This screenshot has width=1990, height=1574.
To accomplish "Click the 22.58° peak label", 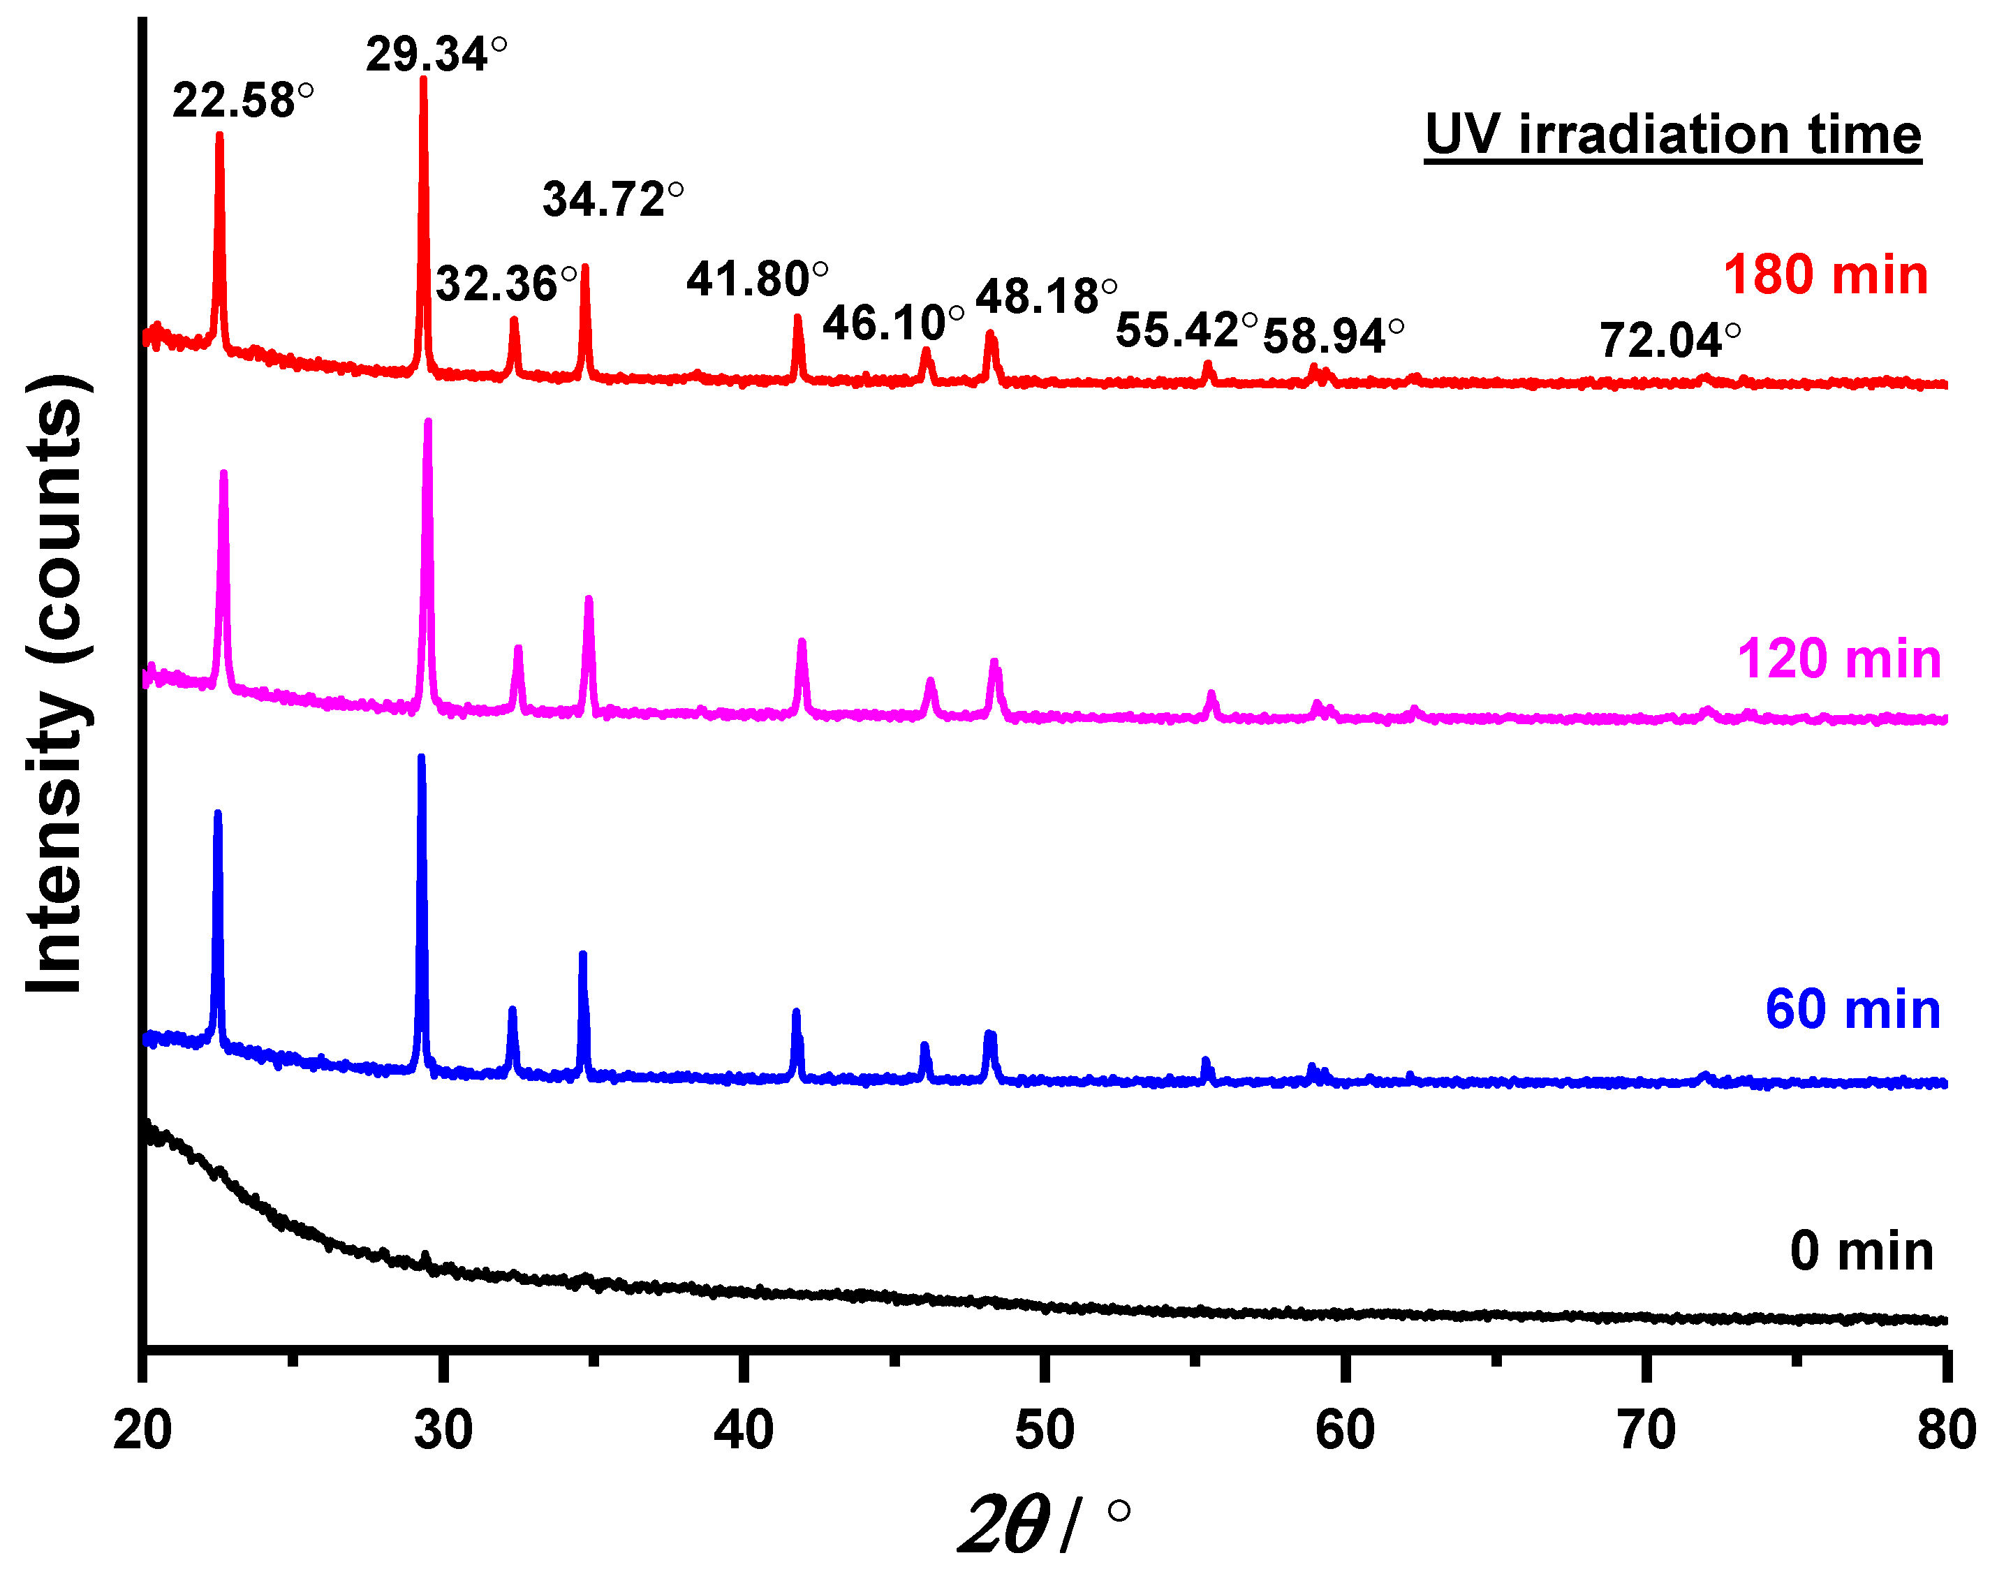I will (242, 101).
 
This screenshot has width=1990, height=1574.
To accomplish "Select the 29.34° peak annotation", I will (436, 54).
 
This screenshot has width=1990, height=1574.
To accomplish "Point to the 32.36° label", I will (506, 284).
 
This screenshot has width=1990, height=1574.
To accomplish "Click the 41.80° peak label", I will (756, 279).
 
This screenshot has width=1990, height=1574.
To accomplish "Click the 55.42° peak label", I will (1186, 330).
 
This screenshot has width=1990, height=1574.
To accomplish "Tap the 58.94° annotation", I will (1333, 337).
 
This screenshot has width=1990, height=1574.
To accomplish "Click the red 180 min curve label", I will (1825, 274).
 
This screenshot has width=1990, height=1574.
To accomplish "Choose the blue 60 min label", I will (1852, 1009).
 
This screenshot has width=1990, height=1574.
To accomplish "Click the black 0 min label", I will (1861, 1251).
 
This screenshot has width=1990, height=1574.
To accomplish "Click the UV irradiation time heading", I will (1672, 135).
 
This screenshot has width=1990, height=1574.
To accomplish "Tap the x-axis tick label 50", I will (1045, 1430).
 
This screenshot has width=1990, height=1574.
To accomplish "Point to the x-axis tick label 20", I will (143, 1430).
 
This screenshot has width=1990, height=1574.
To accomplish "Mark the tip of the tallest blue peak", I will (421, 758).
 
